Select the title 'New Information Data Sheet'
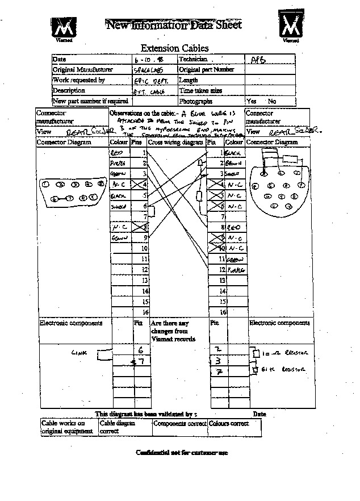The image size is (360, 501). (173, 25)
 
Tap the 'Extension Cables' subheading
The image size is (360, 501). (174, 49)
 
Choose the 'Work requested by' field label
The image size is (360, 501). (79, 80)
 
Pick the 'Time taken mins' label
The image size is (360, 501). (201, 91)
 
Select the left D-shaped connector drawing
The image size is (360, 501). (73, 191)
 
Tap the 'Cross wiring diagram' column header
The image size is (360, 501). (175, 142)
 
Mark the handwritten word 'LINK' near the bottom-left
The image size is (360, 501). (78, 353)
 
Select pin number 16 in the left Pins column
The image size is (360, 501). (144, 312)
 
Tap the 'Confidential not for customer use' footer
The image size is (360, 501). (181, 453)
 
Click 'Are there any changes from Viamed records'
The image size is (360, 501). (173, 331)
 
